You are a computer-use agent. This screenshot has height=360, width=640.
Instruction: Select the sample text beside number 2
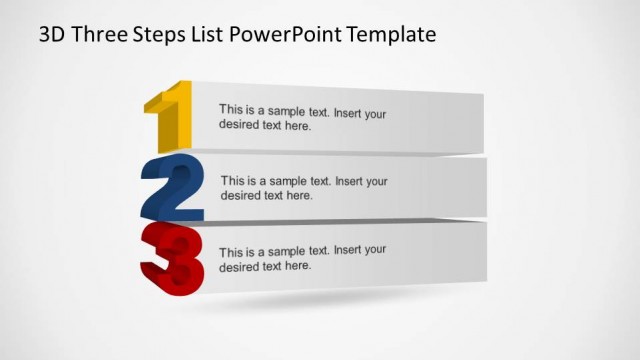tap(303, 188)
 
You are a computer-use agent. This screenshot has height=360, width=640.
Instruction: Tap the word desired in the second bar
tap(240, 196)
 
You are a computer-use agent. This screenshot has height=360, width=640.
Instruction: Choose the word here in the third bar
tap(298, 266)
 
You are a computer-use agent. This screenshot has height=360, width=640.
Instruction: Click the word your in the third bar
tap(375, 251)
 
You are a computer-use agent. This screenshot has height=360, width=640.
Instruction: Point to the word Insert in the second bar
tap(351, 181)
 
